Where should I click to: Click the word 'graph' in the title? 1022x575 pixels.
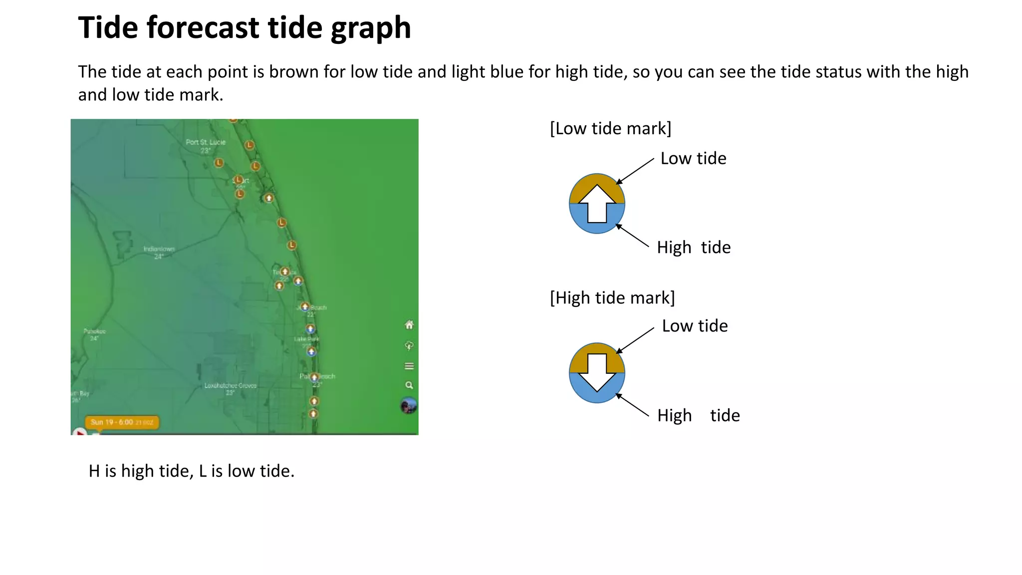(x=371, y=28)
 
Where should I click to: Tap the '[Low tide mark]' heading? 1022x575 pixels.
(x=610, y=129)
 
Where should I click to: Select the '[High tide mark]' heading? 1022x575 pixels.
(x=612, y=298)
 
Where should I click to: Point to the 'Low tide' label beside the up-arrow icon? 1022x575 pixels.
(x=693, y=159)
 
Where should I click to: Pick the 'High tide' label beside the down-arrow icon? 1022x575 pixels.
(x=698, y=415)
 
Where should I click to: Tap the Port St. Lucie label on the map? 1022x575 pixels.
(x=206, y=142)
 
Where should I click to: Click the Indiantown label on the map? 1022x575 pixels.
(x=159, y=249)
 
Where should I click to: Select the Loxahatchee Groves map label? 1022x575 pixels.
(x=231, y=385)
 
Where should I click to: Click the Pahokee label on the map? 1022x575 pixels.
(x=94, y=331)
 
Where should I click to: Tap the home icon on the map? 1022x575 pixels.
(x=409, y=325)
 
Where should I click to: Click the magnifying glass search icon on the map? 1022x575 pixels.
(x=409, y=385)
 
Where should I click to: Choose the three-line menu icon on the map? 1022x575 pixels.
(x=409, y=366)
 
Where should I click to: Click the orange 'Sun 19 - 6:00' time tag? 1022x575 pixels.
(x=122, y=422)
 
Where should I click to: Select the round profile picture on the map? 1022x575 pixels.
(x=409, y=405)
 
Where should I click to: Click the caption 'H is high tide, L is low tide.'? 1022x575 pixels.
(x=192, y=471)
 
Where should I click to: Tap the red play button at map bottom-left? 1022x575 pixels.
(x=79, y=431)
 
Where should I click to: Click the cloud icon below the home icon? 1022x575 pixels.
(x=409, y=345)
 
